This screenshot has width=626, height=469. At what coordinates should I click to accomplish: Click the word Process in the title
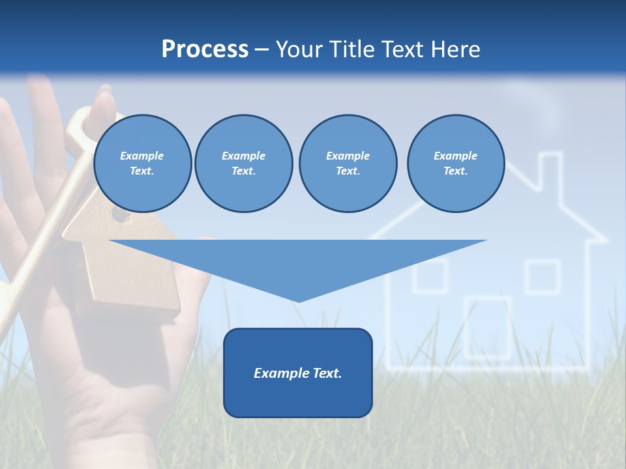click(x=205, y=50)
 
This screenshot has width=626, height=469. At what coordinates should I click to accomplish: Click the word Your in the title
click(x=299, y=50)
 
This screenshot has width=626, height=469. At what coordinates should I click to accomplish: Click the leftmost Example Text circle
click(x=142, y=163)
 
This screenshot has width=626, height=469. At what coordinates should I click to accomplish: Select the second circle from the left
click(x=243, y=163)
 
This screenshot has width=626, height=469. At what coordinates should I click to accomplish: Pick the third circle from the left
click(x=348, y=163)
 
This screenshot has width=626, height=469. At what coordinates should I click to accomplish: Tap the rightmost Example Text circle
click(x=455, y=163)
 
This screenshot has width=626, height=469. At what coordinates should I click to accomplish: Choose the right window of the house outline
click(x=543, y=276)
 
